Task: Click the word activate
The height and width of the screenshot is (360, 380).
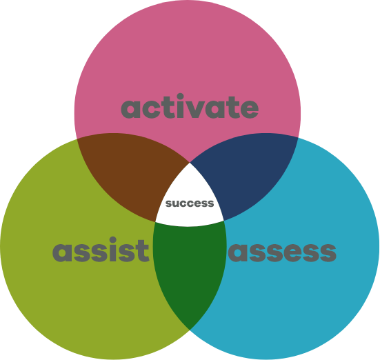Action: pyautogui.click(x=190, y=106)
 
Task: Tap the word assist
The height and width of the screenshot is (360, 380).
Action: pyautogui.click(x=101, y=250)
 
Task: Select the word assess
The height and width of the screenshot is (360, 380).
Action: pyautogui.click(x=282, y=253)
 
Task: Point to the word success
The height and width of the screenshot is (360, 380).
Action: pyautogui.click(x=190, y=203)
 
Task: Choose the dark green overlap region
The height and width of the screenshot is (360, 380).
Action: pyautogui.click(x=190, y=269)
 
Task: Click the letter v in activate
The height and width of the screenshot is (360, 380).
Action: pyautogui.click(x=195, y=108)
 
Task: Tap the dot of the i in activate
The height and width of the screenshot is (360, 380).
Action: pyautogui.click(x=180, y=97)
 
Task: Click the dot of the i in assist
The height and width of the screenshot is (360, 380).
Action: pyautogui.click(x=112, y=240)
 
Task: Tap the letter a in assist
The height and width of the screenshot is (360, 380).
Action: pyautogui.click(x=62, y=253)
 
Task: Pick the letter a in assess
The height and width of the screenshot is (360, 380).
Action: pyautogui.click(x=238, y=253)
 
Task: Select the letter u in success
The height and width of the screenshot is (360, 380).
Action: pyautogui.click(x=177, y=204)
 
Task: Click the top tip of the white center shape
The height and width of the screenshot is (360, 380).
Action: pyautogui.click(x=190, y=163)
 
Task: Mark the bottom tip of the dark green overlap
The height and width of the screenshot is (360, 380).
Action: pyautogui.click(x=190, y=330)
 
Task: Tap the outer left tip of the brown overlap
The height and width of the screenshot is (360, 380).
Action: pyautogui.click(x=77, y=139)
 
